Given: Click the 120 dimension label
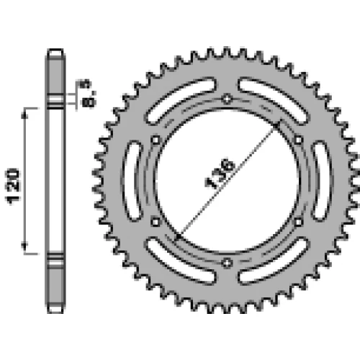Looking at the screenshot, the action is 12,186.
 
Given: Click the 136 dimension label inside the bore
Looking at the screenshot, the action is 220,173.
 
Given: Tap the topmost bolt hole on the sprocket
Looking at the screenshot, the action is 227,99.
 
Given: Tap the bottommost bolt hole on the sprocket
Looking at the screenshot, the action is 227,263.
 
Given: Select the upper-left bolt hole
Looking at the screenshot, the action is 156,140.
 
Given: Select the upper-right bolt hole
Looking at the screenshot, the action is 298,140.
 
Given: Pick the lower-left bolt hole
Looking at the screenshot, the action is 156,222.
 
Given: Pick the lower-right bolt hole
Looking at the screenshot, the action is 298,222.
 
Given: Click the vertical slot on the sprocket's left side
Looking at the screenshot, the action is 131,181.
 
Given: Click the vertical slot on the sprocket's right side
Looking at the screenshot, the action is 323,181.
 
